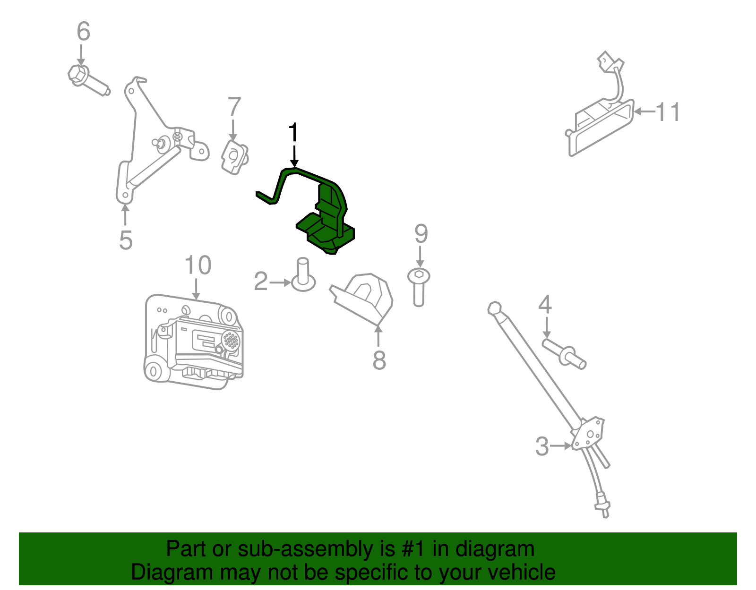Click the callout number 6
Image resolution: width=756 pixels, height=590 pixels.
point(84,31)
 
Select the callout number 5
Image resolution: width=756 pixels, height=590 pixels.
point(126,240)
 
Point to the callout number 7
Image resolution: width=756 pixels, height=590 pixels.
point(234,106)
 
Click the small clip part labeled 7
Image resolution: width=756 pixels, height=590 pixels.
point(235,157)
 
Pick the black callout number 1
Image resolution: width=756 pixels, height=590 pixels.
point(293,132)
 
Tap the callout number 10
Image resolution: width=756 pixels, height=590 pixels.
point(198,265)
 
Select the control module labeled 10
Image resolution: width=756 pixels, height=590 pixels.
point(193,342)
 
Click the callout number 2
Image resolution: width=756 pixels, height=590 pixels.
point(261,281)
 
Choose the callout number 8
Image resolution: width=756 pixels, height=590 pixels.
point(379,360)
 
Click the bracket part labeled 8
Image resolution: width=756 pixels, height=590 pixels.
point(362,299)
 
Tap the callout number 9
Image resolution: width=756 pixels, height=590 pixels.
point(421,234)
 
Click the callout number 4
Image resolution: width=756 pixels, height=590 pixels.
point(545,304)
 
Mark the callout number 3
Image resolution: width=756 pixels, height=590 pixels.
point(542,446)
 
